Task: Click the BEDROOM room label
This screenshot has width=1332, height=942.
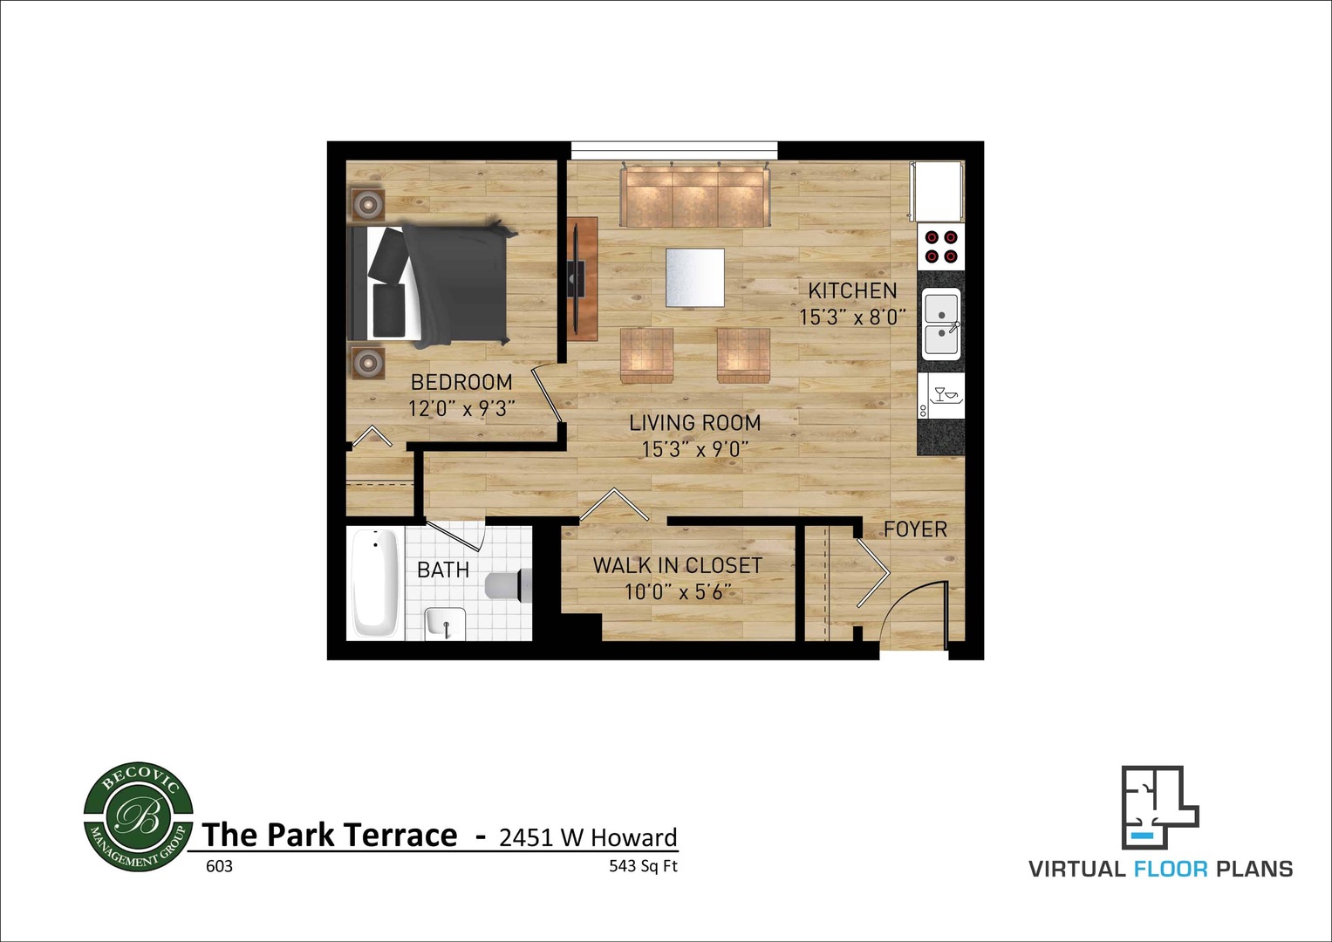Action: pos(461,382)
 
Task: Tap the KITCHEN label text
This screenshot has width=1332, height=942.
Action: pos(851,291)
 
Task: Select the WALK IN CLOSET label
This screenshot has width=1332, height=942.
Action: pos(677,565)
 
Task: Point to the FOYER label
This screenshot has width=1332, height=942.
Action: pos(915,529)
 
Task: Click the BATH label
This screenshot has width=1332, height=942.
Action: pos(443,570)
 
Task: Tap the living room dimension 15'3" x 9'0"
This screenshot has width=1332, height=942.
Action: pos(694,449)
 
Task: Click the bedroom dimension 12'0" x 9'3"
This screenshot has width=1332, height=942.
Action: pos(461,408)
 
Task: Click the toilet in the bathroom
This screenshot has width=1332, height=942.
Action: pos(507,584)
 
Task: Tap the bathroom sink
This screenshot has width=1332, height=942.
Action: pos(445,624)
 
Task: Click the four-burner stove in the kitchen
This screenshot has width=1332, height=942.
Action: pos(941,246)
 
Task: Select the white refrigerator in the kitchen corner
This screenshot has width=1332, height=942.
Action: pos(937,190)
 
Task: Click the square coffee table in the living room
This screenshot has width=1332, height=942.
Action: pos(694,277)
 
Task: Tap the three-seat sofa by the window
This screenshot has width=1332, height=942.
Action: pos(693,196)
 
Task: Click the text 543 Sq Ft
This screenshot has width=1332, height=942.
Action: pos(643,867)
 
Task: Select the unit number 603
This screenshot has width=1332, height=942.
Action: pos(219,867)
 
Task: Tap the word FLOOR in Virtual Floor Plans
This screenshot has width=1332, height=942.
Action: pos(1170,869)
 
